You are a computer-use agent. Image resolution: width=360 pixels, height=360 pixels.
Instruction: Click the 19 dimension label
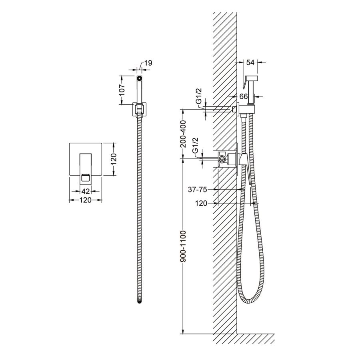tap(148, 63)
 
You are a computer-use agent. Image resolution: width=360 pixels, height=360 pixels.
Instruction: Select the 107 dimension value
tap(122, 90)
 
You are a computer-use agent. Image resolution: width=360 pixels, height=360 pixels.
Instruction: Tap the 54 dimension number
tap(250, 62)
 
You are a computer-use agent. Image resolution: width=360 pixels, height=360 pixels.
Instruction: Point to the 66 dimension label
tap(244, 96)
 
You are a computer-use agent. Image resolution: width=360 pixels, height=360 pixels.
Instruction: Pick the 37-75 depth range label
tap(198, 190)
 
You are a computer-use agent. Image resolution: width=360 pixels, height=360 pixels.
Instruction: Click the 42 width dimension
tap(86, 191)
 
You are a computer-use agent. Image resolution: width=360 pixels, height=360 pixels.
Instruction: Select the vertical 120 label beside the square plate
tap(114, 159)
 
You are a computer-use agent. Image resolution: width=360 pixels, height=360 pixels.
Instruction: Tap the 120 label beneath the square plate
tap(86, 200)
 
